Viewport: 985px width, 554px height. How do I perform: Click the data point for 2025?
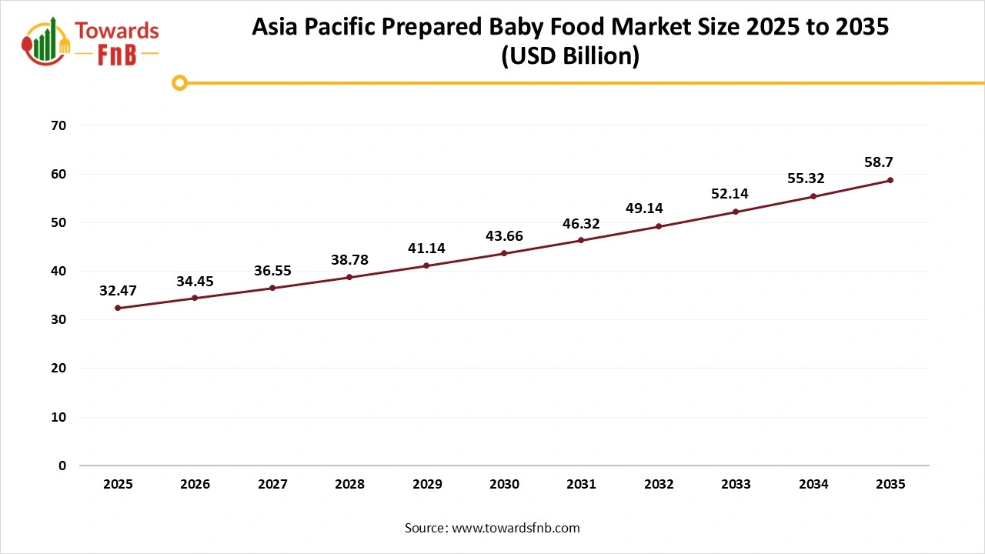[118, 308]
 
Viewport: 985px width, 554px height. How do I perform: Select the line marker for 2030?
[504, 253]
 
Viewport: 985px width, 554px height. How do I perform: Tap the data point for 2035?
[890, 180]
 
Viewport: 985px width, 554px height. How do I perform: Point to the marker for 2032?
[659, 226]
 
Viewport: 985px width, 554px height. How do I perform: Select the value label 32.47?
[118, 291]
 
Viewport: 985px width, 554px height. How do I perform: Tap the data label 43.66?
[504, 236]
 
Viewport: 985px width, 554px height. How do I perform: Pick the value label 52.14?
[730, 194]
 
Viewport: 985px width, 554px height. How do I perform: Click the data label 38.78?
[349, 260]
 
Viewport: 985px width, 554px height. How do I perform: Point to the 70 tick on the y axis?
[58, 125]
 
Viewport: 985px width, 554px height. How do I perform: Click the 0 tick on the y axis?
[62, 466]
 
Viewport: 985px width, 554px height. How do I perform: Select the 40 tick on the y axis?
[58, 271]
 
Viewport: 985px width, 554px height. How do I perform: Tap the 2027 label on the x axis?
[272, 485]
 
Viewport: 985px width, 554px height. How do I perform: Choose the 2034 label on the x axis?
[813, 485]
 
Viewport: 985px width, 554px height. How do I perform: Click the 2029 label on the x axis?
[427, 485]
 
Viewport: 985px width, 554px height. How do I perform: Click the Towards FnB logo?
[91, 42]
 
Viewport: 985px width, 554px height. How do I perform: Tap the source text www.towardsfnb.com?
[516, 528]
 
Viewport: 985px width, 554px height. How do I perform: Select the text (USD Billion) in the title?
[570, 57]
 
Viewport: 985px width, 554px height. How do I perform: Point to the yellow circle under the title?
[179, 82]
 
